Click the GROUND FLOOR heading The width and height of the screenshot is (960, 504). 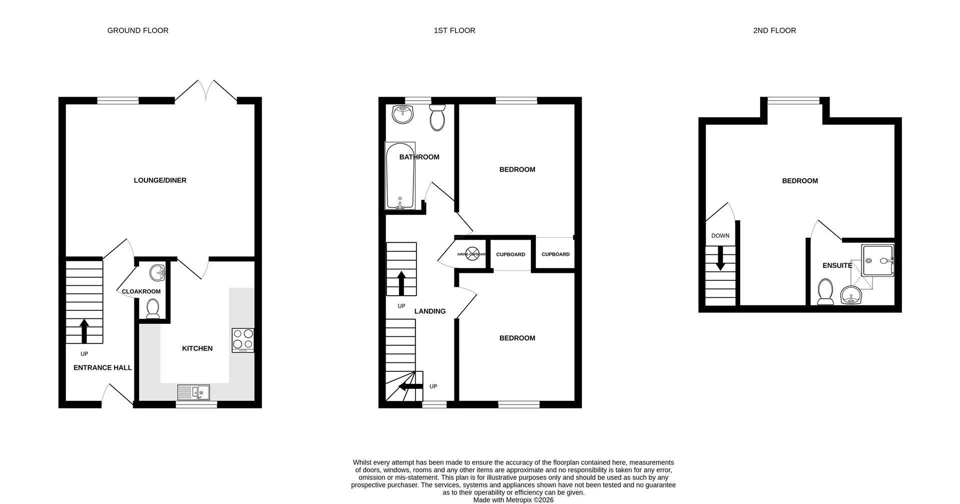pyautogui.click(x=137, y=31)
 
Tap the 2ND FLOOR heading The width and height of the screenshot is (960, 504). pyautogui.click(x=774, y=31)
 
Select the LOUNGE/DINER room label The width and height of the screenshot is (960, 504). pyautogui.click(x=159, y=180)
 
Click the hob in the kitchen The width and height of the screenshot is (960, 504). pyautogui.click(x=243, y=339)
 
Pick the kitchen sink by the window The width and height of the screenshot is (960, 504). pyautogui.click(x=193, y=392)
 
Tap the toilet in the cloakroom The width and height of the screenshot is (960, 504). pyautogui.click(x=152, y=308)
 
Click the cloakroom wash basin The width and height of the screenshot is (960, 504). pyautogui.click(x=157, y=273)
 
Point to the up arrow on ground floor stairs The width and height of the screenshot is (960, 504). pyautogui.click(x=84, y=331)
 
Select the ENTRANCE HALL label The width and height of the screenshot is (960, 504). pyautogui.click(x=102, y=367)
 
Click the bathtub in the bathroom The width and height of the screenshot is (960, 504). pyautogui.click(x=399, y=176)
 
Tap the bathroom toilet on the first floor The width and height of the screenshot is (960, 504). pyautogui.click(x=437, y=118)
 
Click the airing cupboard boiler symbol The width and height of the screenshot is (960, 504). pyautogui.click(x=472, y=254)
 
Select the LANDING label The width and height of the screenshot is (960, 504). pyautogui.click(x=429, y=311)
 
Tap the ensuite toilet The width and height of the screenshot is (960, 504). pyautogui.click(x=824, y=291)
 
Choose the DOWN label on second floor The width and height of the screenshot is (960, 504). pyautogui.click(x=720, y=236)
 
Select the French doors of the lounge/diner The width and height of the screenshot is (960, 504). pyautogui.click(x=205, y=90)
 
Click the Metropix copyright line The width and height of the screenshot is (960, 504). pyautogui.click(x=513, y=499)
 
